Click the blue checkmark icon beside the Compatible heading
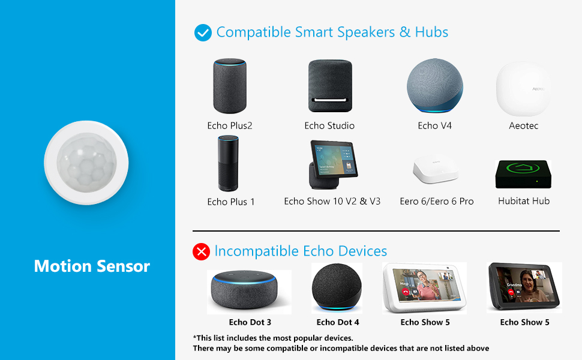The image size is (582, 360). click(203, 32)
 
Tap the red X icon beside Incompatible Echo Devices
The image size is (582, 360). click(201, 251)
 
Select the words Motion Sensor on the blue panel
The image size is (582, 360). click(92, 266)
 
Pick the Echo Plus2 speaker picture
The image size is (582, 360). click(230, 86)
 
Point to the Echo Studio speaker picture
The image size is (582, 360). click(329, 86)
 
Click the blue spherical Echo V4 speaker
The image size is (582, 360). click(435, 86)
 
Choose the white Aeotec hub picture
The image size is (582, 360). click(523, 89)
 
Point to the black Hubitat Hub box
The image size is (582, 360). click(523, 174)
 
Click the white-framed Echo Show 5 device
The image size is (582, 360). click(425, 287)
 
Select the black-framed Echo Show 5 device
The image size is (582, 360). click(524, 287)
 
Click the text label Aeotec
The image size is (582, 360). click(523, 125)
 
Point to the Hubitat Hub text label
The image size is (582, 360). click(524, 201)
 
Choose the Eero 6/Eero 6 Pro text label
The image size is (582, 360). click(437, 202)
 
